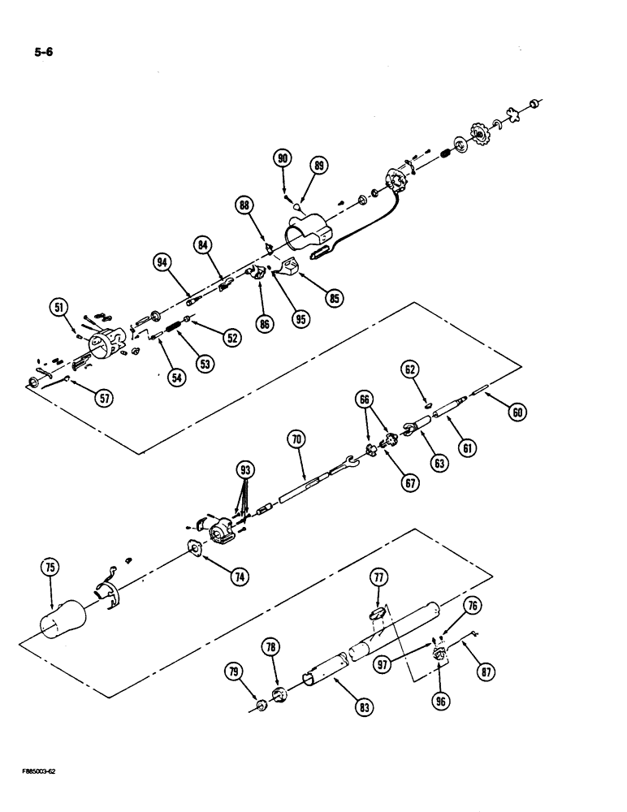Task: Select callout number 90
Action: click(x=282, y=159)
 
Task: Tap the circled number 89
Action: click(x=318, y=166)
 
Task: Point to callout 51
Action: click(x=58, y=306)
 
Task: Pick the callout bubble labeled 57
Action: click(x=103, y=398)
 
